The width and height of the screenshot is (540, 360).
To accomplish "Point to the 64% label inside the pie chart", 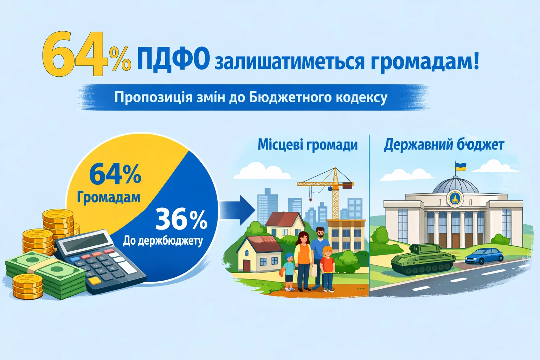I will coord(115,174).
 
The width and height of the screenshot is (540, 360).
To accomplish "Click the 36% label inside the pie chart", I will coord(181,219).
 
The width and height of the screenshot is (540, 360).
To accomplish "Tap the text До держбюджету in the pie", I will coord(163,240).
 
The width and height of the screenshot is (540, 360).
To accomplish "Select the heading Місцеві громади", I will coord(308,144).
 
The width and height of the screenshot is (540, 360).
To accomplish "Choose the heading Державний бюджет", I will coord(444,144).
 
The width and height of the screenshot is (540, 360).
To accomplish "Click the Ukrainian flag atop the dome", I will coord(460,166).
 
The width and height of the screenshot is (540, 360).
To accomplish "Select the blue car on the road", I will coord(484,256).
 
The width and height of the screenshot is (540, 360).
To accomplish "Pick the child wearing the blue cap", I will coord(289,271).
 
